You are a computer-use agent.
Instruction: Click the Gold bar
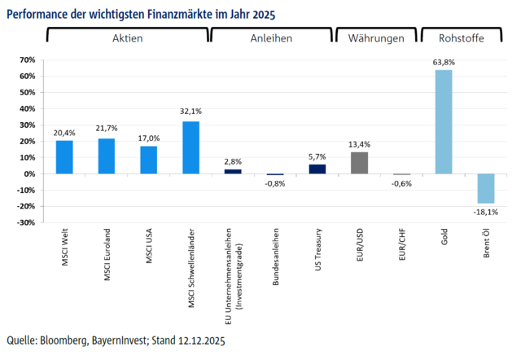(x=444, y=121)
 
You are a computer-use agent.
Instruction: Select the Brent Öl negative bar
(x=486, y=188)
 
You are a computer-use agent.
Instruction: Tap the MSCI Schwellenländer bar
(x=191, y=147)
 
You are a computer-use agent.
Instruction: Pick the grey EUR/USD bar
(x=359, y=163)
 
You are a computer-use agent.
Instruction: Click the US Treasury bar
(x=317, y=169)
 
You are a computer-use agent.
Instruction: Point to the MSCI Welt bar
(x=64, y=157)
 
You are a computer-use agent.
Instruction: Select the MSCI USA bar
(x=148, y=160)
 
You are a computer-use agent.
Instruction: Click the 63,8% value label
(x=444, y=62)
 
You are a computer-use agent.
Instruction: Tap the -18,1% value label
(x=486, y=211)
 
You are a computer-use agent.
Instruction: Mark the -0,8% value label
(x=275, y=183)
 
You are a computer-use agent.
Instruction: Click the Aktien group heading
(x=127, y=38)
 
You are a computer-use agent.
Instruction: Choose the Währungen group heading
(x=376, y=38)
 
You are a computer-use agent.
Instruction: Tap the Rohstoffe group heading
(x=461, y=38)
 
